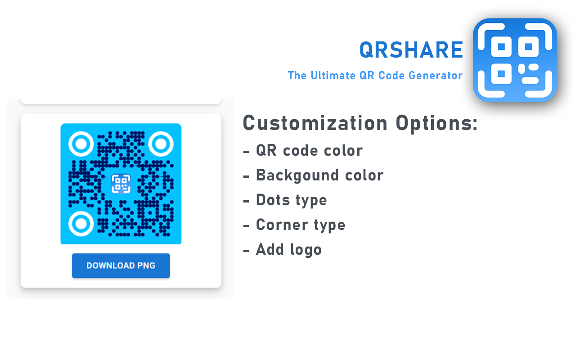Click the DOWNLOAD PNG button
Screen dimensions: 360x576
click(121, 265)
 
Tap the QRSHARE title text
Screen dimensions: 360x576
click(411, 50)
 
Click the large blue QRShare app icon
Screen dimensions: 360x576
click(515, 60)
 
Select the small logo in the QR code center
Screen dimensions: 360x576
click(121, 184)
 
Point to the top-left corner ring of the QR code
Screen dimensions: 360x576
click(81, 144)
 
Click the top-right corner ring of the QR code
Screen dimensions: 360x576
click(161, 144)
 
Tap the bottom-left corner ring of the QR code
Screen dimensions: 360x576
click(81, 224)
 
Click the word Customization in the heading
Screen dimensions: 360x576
click(315, 123)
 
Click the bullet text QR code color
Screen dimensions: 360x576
click(309, 150)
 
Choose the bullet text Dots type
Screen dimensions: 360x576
click(291, 200)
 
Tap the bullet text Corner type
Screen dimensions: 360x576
click(301, 225)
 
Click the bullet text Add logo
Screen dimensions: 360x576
click(289, 249)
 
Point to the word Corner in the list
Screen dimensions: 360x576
click(281, 225)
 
